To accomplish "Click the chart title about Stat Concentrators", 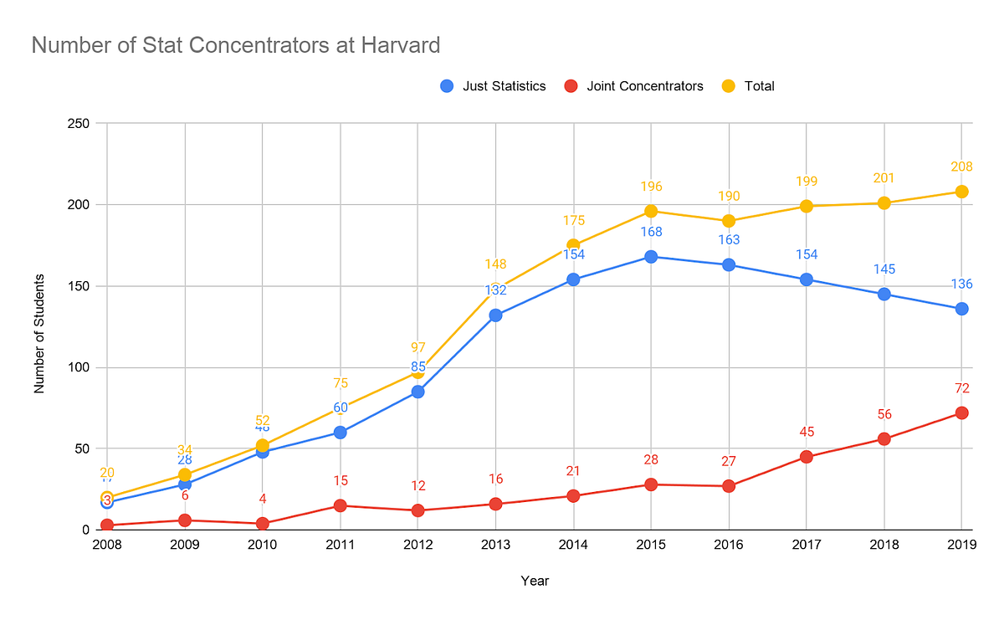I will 235,44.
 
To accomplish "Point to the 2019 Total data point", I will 961,192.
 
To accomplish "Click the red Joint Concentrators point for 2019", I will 961,412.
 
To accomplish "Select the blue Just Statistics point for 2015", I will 651,257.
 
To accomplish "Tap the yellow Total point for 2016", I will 729,221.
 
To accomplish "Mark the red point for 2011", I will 341,505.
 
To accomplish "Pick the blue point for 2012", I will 417,392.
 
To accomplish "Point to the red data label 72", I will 961,389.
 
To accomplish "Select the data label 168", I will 651,233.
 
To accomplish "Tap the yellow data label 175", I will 573,221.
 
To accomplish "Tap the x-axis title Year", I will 534,580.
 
